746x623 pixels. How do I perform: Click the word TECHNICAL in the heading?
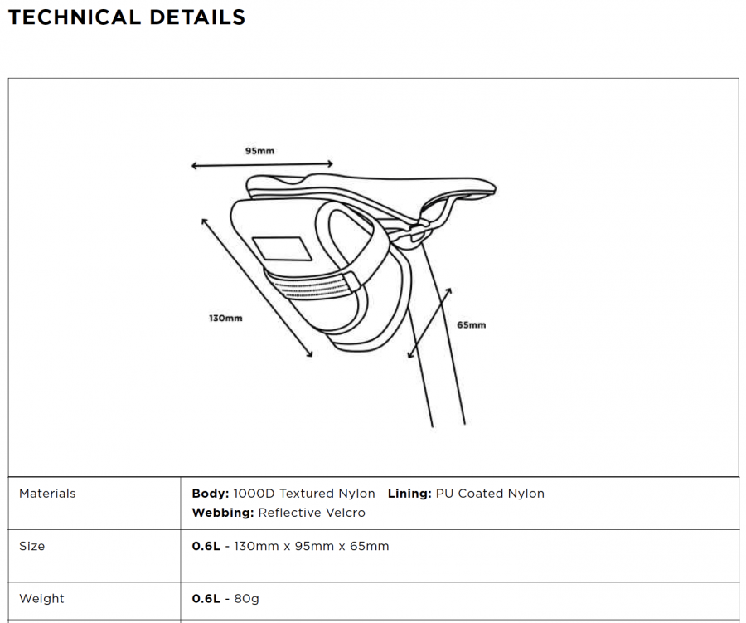pos(75,17)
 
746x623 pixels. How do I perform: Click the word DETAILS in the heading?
pos(197,17)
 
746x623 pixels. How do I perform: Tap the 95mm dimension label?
pos(259,151)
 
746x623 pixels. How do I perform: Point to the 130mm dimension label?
pos(225,319)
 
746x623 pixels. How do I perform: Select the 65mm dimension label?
pos(472,325)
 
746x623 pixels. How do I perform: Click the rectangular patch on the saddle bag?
pos(282,249)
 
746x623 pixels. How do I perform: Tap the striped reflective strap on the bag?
pos(314,285)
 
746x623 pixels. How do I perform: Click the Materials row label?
pos(47,494)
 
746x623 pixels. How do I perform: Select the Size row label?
pos(31,546)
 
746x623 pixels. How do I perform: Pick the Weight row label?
pos(41,599)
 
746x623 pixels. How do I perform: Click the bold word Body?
pos(211,494)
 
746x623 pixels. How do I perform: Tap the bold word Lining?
pos(409,494)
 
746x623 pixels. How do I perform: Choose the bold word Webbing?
pos(223,513)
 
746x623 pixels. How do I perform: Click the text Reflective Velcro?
pos(312,513)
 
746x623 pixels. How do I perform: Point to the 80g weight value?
pos(246,599)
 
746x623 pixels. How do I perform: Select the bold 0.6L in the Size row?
pos(206,547)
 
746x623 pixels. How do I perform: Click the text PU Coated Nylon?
pos(490,494)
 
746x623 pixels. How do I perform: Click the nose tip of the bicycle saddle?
pos(495,188)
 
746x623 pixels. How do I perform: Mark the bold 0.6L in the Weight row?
pos(206,599)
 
